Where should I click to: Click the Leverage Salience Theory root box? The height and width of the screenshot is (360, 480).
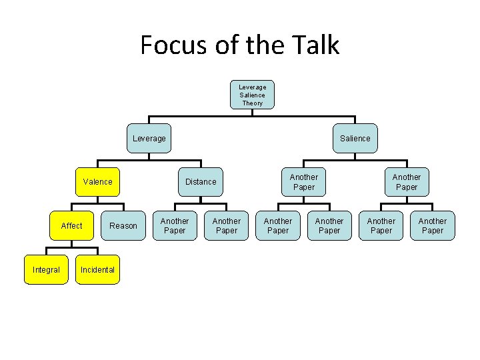point(252,95)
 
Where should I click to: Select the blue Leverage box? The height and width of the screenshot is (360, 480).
point(149,139)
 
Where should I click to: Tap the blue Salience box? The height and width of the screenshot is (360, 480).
point(355,139)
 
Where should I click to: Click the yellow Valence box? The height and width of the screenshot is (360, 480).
point(98,181)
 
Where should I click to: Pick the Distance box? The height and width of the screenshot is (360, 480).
point(201,181)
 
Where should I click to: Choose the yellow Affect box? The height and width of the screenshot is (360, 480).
point(72,226)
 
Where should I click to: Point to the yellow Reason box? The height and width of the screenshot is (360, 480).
point(123,226)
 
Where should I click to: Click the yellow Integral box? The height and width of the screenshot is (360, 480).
point(46,270)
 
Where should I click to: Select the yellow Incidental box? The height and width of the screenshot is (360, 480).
point(97,270)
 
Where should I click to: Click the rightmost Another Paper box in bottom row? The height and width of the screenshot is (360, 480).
point(433,226)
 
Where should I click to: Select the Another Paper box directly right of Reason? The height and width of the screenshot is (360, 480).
point(175,226)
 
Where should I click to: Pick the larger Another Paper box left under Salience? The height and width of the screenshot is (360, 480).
point(304,182)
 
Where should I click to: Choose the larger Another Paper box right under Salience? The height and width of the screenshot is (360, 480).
point(407,182)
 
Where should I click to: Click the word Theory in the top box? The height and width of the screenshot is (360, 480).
point(252,103)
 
